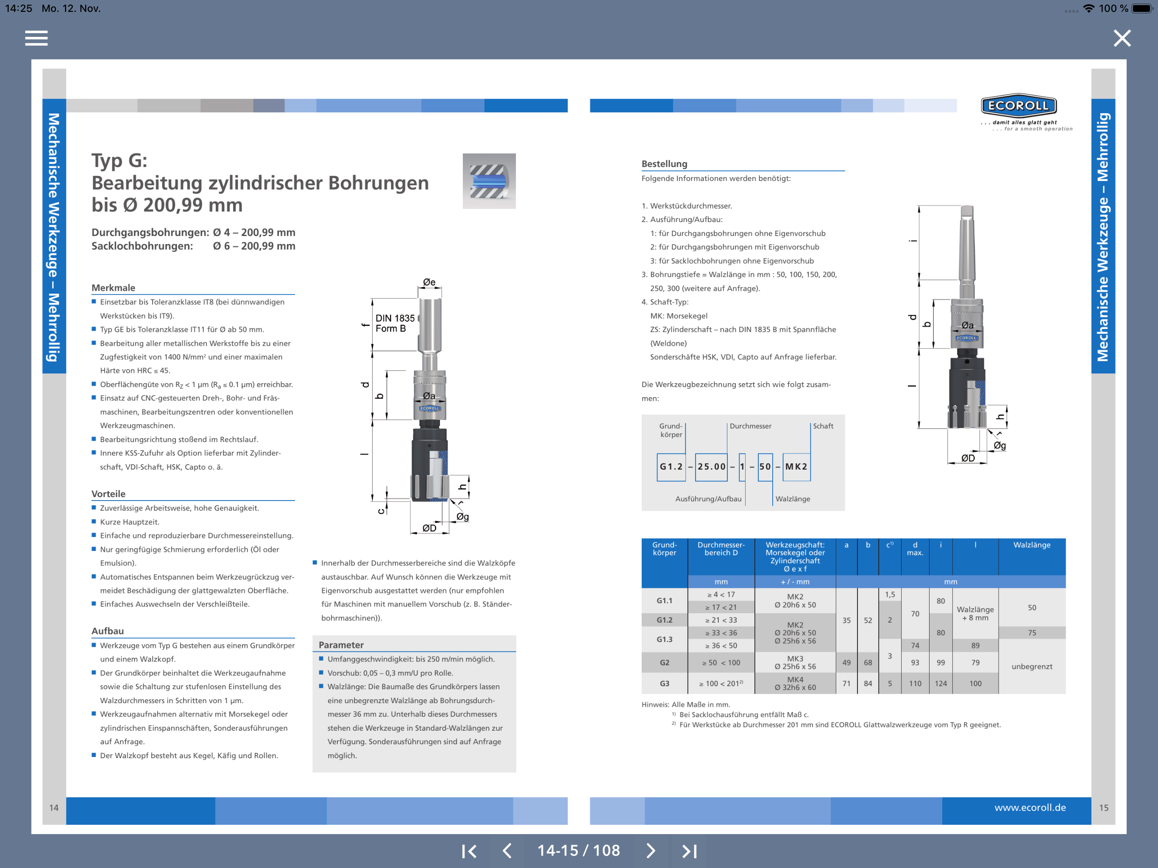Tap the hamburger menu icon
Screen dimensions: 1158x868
tap(36, 38)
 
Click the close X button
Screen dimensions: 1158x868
tap(1122, 38)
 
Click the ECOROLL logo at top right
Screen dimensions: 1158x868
tap(1019, 106)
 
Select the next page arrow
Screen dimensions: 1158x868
tap(650, 851)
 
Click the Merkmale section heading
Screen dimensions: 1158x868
tap(113, 287)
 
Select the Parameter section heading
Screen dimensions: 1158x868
tap(341, 645)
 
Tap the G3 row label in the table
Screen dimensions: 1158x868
tap(664, 683)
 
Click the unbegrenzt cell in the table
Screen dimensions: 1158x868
tap(1031, 666)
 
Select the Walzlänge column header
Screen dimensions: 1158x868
tap(1031, 545)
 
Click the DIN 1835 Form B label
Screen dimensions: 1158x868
tap(395, 323)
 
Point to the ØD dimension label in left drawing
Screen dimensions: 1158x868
tap(429, 528)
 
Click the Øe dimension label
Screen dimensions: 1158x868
tap(429, 282)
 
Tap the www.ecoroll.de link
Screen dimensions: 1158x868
tap(1030, 807)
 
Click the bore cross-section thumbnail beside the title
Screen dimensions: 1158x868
tap(489, 181)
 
